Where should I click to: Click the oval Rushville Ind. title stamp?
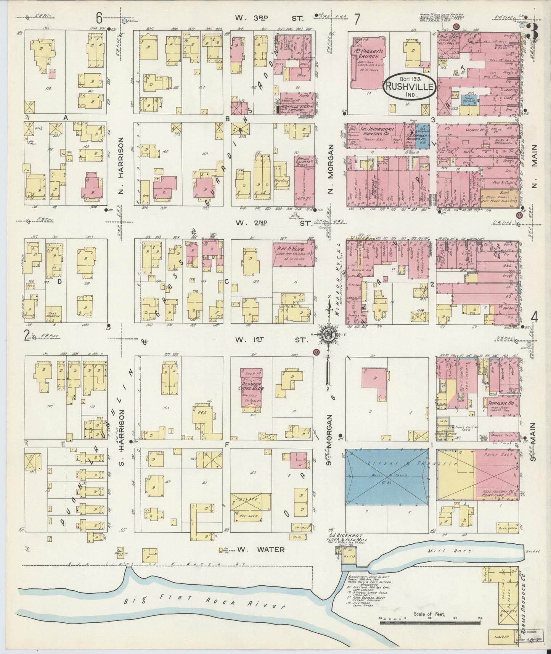tap(409, 87)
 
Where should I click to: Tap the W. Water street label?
tap(260, 549)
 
